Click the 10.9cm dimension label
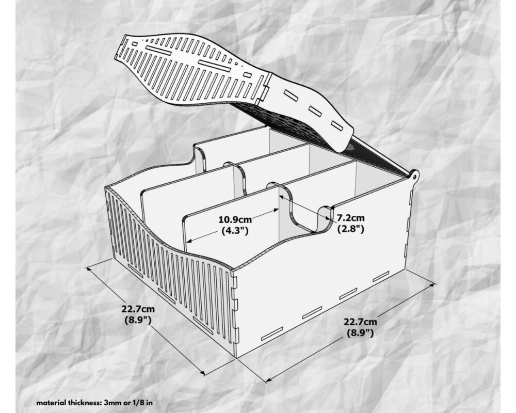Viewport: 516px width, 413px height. tap(235, 219)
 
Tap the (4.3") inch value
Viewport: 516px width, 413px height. tap(235, 231)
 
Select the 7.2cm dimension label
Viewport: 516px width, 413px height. tap(350, 218)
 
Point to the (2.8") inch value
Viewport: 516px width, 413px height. tap(351, 229)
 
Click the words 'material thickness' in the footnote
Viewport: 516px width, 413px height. tap(69, 403)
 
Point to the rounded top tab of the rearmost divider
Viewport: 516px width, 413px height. tap(198, 155)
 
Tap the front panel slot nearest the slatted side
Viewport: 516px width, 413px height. tap(272, 333)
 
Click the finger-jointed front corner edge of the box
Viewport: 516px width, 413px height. tap(235, 313)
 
